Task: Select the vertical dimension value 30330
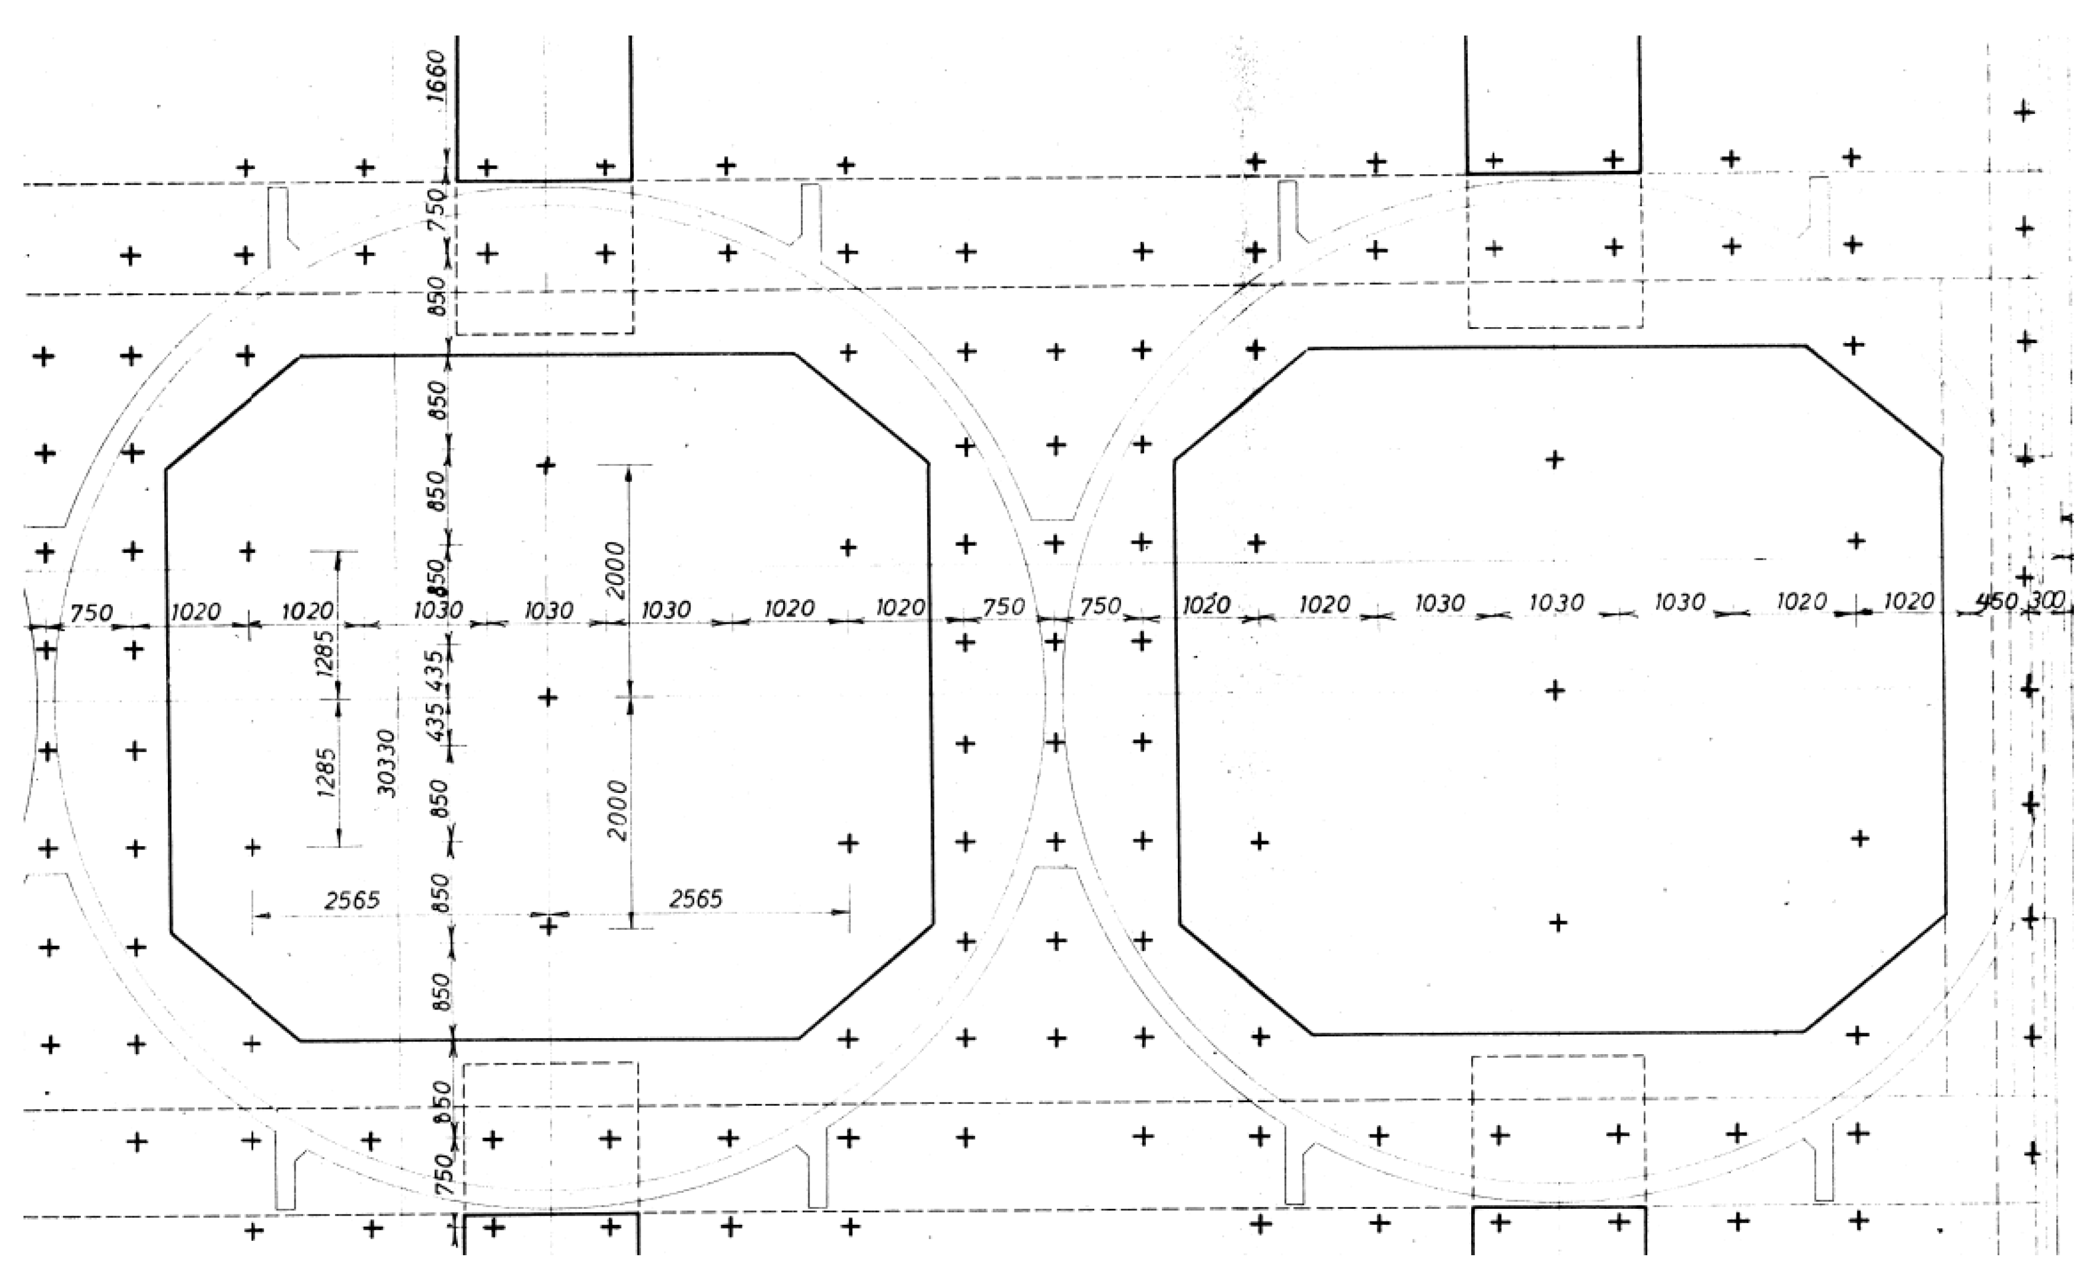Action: [387, 762]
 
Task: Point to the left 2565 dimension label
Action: [352, 900]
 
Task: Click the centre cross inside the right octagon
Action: [1555, 690]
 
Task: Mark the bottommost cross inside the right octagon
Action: [1557, 922]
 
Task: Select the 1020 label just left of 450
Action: [1909, 601]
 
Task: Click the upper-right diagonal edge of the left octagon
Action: [862, 408]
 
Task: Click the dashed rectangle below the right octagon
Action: [1558, 1128]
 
